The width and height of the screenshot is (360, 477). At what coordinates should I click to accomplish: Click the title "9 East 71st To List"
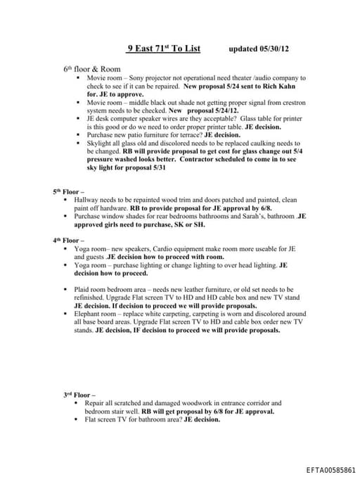163,49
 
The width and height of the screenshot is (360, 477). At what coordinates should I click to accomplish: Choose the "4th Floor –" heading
68,240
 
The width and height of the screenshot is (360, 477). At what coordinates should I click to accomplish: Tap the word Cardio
176,248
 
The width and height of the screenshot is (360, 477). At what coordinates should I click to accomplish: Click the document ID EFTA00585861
330,469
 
